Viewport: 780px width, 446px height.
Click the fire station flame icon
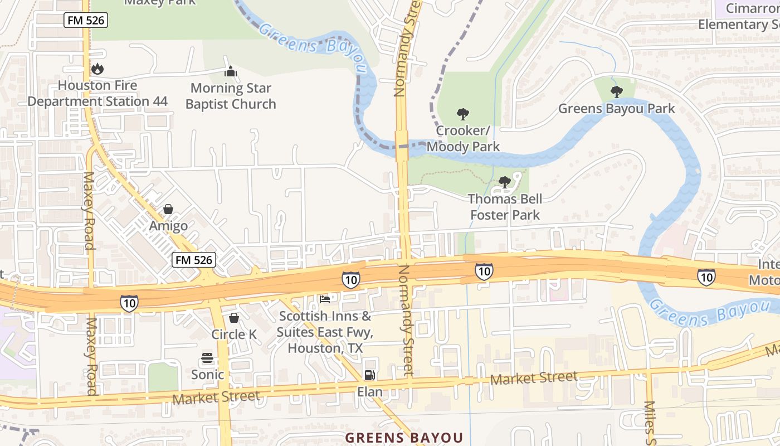click(97, 69)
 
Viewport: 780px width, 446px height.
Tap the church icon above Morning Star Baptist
click(230, 72)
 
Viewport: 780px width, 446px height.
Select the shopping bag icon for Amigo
click(168, 209)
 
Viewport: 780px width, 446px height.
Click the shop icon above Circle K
click(234, 318)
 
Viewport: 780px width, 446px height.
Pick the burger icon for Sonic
click(207, 358)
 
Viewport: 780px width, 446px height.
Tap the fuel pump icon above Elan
click(369, 375)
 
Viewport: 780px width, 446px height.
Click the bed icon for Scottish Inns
click(325, 299)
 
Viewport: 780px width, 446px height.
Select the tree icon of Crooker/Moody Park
click(462, 114)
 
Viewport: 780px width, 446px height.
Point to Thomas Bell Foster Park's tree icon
click(505, 182)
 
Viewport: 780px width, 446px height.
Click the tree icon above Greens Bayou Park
click(616, 91)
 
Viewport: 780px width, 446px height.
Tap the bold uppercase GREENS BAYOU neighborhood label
click(404, 438)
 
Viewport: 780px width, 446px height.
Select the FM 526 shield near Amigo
click(193, 260)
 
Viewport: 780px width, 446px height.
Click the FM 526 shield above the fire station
click(85, 21)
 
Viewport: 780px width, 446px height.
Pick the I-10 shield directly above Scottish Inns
click(350, 280)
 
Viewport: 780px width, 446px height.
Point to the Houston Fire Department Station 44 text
click(97, 94)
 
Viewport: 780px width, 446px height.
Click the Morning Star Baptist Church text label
click(231, 96)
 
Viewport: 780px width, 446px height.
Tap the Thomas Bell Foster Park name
click(505, 207)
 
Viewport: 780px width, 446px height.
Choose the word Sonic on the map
click(207, 375)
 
